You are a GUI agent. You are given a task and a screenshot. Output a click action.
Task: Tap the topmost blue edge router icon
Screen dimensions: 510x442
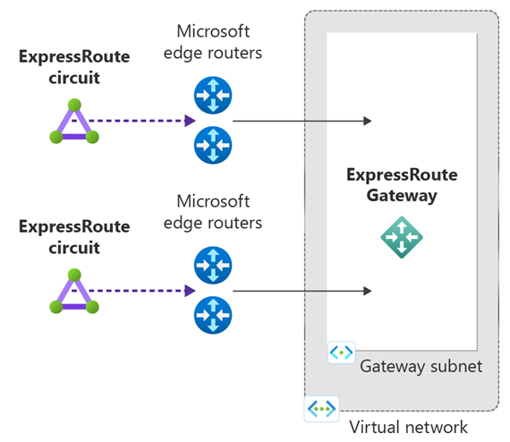pyautogui.click(x=213, y=95)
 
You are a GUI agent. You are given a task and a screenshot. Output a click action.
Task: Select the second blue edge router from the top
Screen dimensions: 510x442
pyautogui.click(x=213, y=145)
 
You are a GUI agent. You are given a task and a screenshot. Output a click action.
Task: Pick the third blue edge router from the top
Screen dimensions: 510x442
pyautogui.click(x=213, y=265)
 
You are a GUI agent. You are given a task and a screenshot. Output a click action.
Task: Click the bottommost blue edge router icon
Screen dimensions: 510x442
pyautogui.click(x=213, y=315)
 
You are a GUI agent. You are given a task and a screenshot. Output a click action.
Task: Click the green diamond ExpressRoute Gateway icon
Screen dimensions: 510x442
pyautogui.click(x=402, y=237)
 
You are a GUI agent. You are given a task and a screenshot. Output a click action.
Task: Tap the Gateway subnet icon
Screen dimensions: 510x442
pyautogui.click(x=341, y=353)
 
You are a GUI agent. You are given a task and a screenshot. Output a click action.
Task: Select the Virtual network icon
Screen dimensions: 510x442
pyautogui.click(x=322, y=409)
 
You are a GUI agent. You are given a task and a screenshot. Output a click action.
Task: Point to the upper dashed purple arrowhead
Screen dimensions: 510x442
pyautogui.click(x=190, y=121)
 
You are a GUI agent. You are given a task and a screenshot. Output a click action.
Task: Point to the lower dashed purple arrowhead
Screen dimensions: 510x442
pyautogui.click(x=190, y=291)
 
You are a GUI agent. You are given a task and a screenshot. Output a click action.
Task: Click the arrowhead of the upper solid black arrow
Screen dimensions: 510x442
pyautogui.click(x=368, y=121)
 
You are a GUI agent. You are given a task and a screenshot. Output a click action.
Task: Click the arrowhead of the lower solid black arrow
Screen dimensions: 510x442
pyautogui.click(x=368, y=291)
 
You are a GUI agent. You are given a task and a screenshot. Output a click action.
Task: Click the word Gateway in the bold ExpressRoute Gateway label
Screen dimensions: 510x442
pyautogui.click(x=402, y=196)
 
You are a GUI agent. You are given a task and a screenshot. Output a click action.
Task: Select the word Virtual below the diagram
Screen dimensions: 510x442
pyautogui.click(x=373, y=427)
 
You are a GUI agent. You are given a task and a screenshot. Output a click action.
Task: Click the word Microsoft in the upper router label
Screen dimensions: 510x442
pyautogui.click(x=213, y=31)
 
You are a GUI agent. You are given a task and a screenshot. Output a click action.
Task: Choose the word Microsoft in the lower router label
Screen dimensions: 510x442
pyautogui.click(x=213, y=201)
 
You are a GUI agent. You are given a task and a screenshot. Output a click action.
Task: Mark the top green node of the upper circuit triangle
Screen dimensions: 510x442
pyautogui.click(x=74, y=105)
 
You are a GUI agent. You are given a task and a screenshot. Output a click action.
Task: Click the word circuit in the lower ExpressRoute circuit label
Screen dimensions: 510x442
pyautogui.click(x=74, y=248)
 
